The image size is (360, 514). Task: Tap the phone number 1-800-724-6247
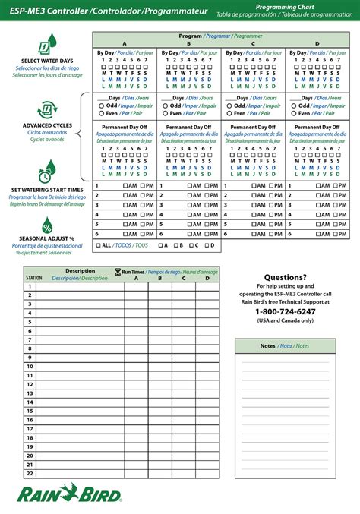(286, 311)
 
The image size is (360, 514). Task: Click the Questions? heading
(286, 277)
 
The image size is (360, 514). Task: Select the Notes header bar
(286, 345)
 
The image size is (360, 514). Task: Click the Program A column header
(125, 43)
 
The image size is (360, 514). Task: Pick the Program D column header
(317, 43)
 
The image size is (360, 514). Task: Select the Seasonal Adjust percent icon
(47, 225)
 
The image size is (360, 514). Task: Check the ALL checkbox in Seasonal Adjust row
(98, 246)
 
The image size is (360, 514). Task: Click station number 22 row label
(30, 472)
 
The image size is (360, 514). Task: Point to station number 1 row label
(30, 286)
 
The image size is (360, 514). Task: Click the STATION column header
(33, 278)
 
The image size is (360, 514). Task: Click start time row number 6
(96, 235)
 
